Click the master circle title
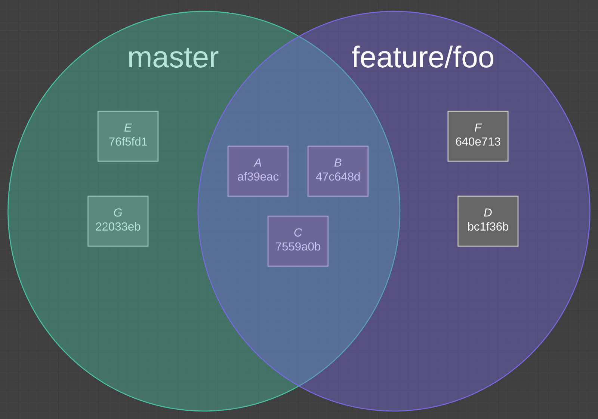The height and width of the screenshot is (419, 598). coord(173,58)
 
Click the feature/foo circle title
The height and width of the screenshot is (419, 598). coord(423,58)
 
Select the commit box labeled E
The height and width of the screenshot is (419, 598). coord(128,136)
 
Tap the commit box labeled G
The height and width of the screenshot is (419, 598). coord(118,221)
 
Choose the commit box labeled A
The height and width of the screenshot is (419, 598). coord(258,171)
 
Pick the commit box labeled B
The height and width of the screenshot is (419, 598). coord(338,171)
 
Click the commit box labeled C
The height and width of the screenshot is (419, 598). coord(298,241)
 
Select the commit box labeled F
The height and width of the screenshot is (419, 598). coord(478,136)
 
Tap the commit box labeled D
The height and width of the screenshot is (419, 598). coord(488,221)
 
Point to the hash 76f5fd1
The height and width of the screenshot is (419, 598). coord(128,142)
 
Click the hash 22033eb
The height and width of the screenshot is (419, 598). coord(118,227)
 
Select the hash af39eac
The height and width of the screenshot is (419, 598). coord(258,177)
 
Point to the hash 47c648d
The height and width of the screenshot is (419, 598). coord(338,177)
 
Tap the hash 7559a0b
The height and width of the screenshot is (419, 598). coord(298,247)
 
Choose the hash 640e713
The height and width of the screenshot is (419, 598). coord(478,142)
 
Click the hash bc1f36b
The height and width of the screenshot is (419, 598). coord(488,227)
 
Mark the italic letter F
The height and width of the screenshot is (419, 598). coord(478,128)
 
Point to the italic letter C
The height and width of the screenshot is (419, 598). coord(298,233)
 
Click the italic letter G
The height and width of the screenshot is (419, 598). coord(118,213)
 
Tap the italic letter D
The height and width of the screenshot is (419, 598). coord(488,213)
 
